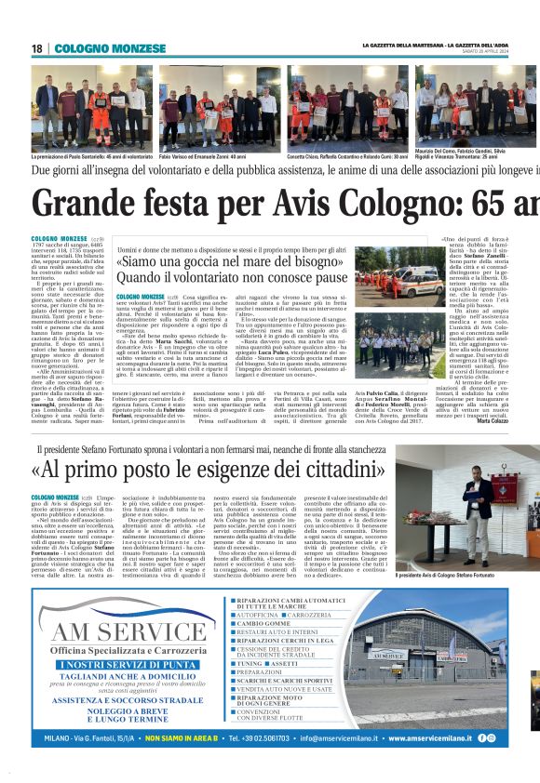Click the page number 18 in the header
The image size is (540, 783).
click(x=37, y=48)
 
